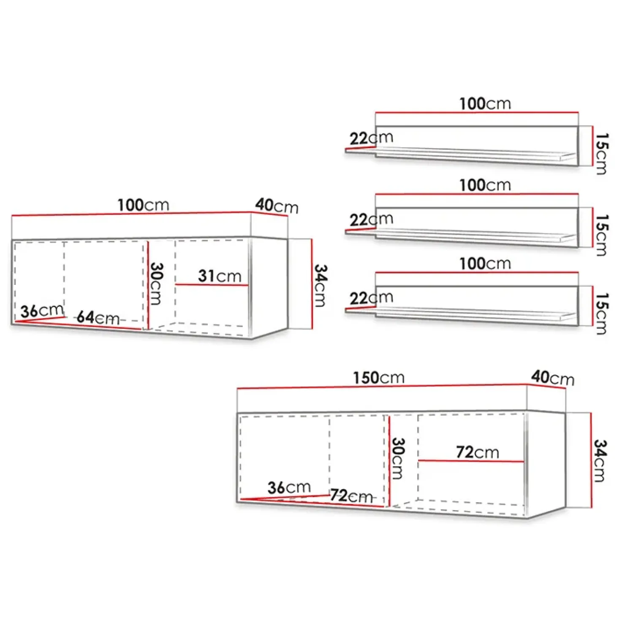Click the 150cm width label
point(379,378)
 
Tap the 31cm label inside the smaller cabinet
point(220,276)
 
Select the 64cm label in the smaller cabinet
point(98,317)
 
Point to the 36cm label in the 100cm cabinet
point(42,311)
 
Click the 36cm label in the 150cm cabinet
point(289,487)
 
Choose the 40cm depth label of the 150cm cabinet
point(552,378)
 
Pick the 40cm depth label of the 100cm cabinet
point(277,206)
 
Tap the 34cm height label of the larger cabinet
point(600,460)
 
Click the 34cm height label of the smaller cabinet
point(321,285)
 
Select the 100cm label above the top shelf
point(485,104)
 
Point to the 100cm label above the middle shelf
point(485,185)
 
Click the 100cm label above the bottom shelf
point(485,264)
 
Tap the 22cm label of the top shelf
point(371,138)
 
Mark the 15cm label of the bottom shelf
point(601,314)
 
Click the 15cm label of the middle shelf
point(601,235)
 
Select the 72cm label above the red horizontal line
point(477,452)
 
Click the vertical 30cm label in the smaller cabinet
point(156,284)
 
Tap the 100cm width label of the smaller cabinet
point(143,206)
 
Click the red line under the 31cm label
point(212,285)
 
